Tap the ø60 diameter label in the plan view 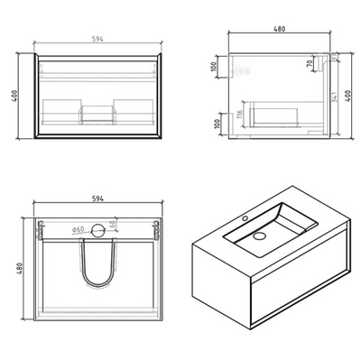[x=77, y=230]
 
